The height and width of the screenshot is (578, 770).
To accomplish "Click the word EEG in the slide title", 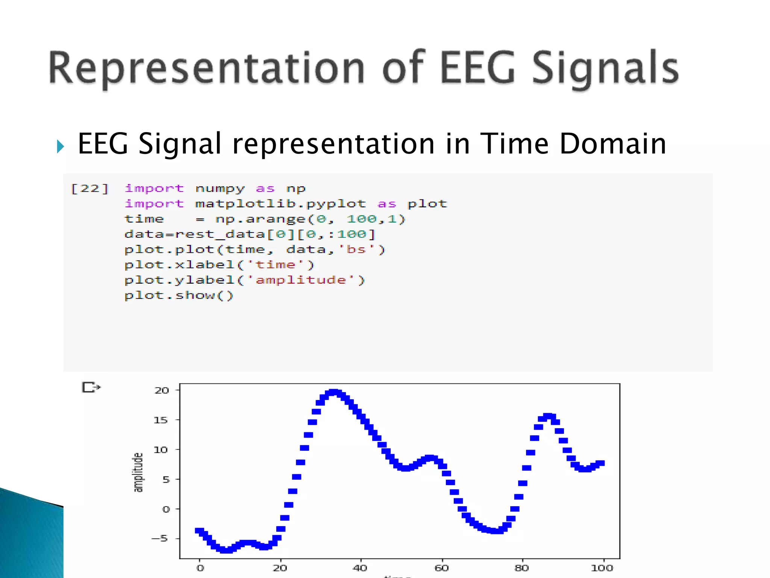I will pyautogui.click(x=477, y=68).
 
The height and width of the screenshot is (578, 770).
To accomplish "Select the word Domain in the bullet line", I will pyautogui.click(x=613, y=144).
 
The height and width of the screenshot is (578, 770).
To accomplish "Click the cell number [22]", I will pyautogui.click(x=89, y=188).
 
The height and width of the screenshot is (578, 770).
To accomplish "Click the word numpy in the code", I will pyautogui.click(x=220, y=189).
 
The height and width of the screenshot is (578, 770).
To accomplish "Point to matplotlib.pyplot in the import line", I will pyautogui.click(x=280, y=204).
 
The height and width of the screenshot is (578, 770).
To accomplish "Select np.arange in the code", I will pyautogui.click(x=260, y=219).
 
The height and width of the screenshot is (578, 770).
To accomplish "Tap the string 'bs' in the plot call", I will pyautogui.click(x=356, y=249).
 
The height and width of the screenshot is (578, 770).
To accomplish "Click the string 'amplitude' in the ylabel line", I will pyautogui.click(x=301, y=280).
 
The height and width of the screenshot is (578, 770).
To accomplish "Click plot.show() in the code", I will pyautogui.click(x=179, y=295).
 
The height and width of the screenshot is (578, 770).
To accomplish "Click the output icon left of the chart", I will pyautogui.click(x=91, y=387).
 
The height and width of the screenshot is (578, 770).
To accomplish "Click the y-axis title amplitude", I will pyautogui.click(x=138, y=472).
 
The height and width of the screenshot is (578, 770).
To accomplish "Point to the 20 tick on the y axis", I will pyautogui.click(x=162, y=390).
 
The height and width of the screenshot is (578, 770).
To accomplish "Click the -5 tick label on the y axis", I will pyautogui.click(x=159, y=538).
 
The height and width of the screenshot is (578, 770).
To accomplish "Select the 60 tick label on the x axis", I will pyautogui.click(x=441, y=568).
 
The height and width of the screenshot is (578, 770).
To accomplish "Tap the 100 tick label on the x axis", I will pyautogui.click(x=602, y=568).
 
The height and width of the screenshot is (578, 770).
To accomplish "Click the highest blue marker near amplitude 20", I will pyautogui.click(x=333, y=392).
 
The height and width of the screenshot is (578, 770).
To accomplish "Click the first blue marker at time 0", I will pyautogui.click(x=199, y=531).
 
